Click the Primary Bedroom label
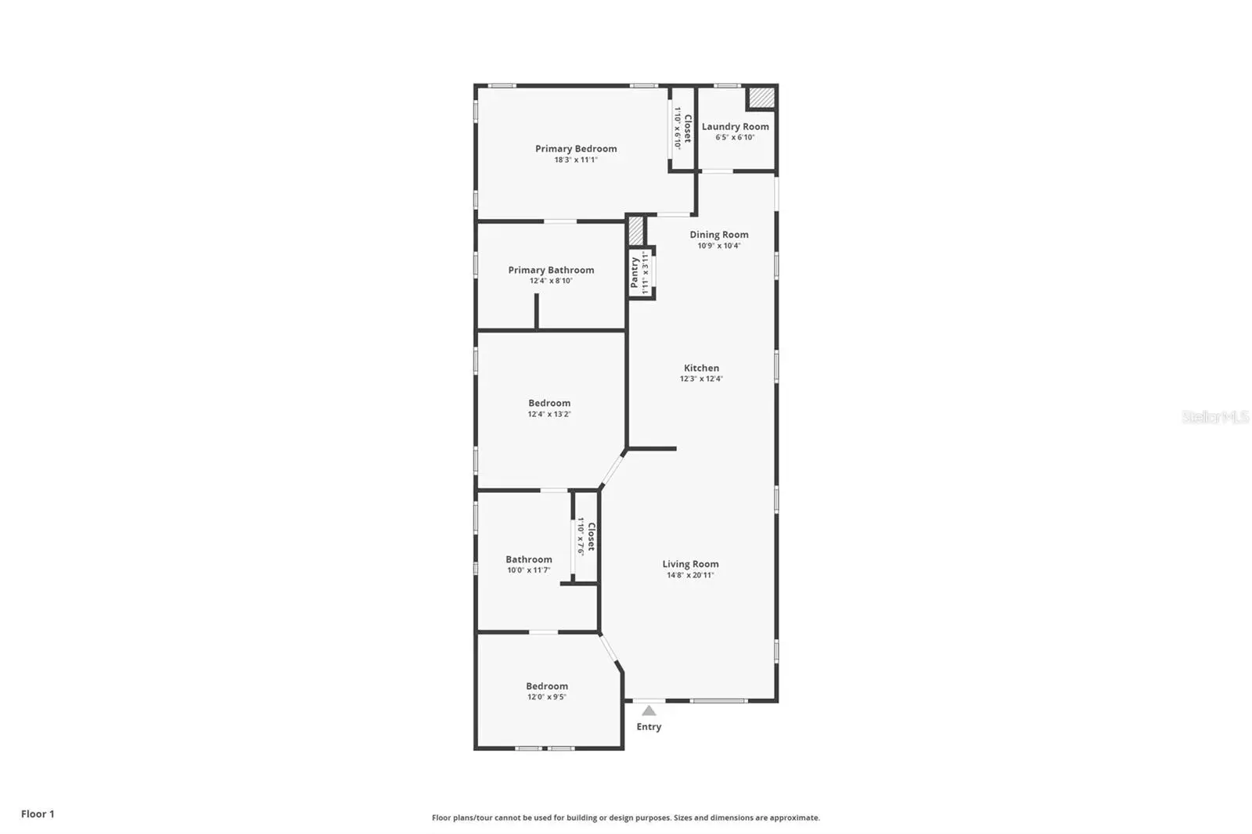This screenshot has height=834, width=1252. (x=576, y=149)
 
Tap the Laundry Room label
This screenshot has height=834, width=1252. (x=735, y=127)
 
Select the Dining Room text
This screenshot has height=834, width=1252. (x=719, y=235)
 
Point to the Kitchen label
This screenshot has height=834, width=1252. (x=701, y=368)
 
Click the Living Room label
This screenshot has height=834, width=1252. (x=690, y=564)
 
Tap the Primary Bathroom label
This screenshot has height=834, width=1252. (x=551, y=270)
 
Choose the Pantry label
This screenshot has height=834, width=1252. (x=635, y=273)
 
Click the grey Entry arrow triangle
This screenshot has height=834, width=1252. (x=649, y=711)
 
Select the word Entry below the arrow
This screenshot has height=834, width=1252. (x=649, y=727)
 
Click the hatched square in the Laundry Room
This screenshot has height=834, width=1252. (x=762, y=99)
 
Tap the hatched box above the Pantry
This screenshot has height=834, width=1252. (x=635, y=230)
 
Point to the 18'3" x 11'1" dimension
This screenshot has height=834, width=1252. (x=576, y=160)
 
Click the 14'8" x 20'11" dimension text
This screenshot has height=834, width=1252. (x=690, y=575)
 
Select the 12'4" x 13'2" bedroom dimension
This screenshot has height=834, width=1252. (x=549, y=414)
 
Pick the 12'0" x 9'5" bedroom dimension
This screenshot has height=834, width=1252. (x=547, y=697)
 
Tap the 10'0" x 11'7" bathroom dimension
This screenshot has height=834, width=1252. (x=529, y=570)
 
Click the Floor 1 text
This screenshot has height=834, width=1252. (x=38, y=814)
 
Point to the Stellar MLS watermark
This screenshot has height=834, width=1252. (x=1215, y=416)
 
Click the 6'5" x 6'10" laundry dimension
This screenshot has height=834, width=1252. (x=735, y=138)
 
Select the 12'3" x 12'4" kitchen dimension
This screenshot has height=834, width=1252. (x=701, y=379)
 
